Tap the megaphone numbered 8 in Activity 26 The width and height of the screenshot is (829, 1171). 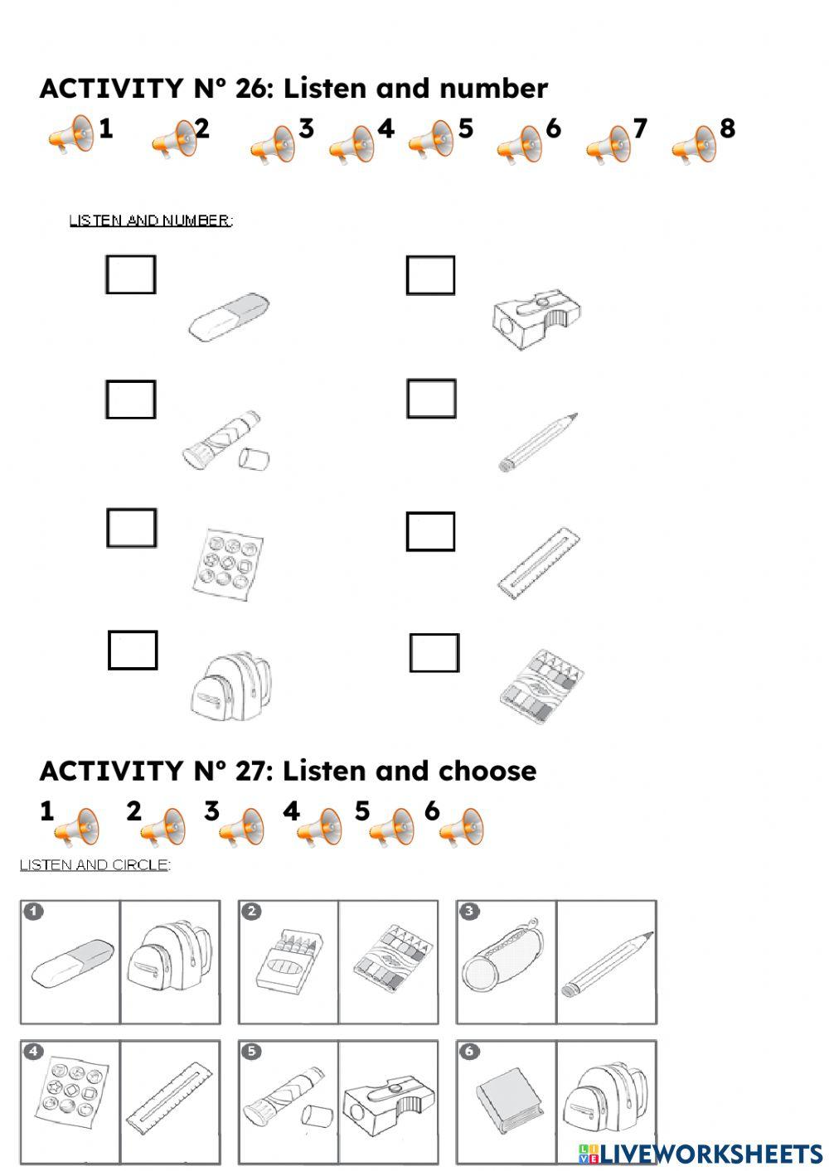(x=693, y=145)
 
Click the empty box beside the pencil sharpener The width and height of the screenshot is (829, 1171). (x=430, y=275)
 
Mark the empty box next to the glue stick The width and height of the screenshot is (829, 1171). (x=131, y=399)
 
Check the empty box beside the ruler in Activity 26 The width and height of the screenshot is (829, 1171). (x=430, y=531)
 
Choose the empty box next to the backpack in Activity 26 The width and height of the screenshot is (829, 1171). (x=133, y=651)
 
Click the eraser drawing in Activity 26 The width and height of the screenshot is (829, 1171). (x=229, y=316)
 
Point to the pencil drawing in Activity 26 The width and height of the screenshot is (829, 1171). (x=538, y=441)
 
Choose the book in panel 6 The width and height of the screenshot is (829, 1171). (x=508, y=1102)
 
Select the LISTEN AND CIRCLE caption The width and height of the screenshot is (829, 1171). (x=95, y=865)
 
